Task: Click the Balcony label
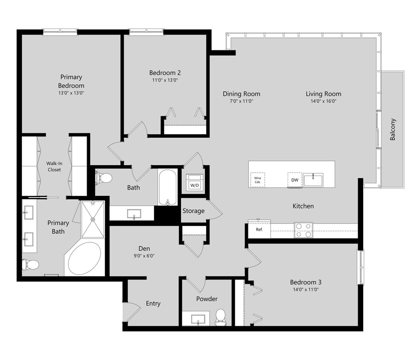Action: click(x=393, y=129)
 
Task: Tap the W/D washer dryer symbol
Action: click(x=195, y=183)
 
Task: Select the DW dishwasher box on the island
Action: click(x=295, y=180)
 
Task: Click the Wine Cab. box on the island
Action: click(x=257, y=180)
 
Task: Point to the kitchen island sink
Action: click(x=313, y=180)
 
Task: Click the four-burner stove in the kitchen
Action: click(x=303, y=230)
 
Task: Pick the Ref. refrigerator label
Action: click(x=259, y=229)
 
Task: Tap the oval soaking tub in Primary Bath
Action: click(x=85, y=258)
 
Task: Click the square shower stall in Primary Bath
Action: click(x=93, y=219)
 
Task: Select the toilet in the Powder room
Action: click(x=220, y=317)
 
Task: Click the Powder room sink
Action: click(x=198, y=319)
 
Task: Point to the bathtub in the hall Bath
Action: click(x=167, y=187)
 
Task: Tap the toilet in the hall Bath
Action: click(x=103, y=177)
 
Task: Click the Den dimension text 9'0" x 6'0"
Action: click(x=144, y=256)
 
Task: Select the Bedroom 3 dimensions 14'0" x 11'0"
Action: click(x=305, y=290)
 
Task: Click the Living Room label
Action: click(x=323, y=94)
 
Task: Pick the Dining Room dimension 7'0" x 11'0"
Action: click(x=241, y=102)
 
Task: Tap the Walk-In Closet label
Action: click(x=54, y=166)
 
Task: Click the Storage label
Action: click(x=193, y=211)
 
